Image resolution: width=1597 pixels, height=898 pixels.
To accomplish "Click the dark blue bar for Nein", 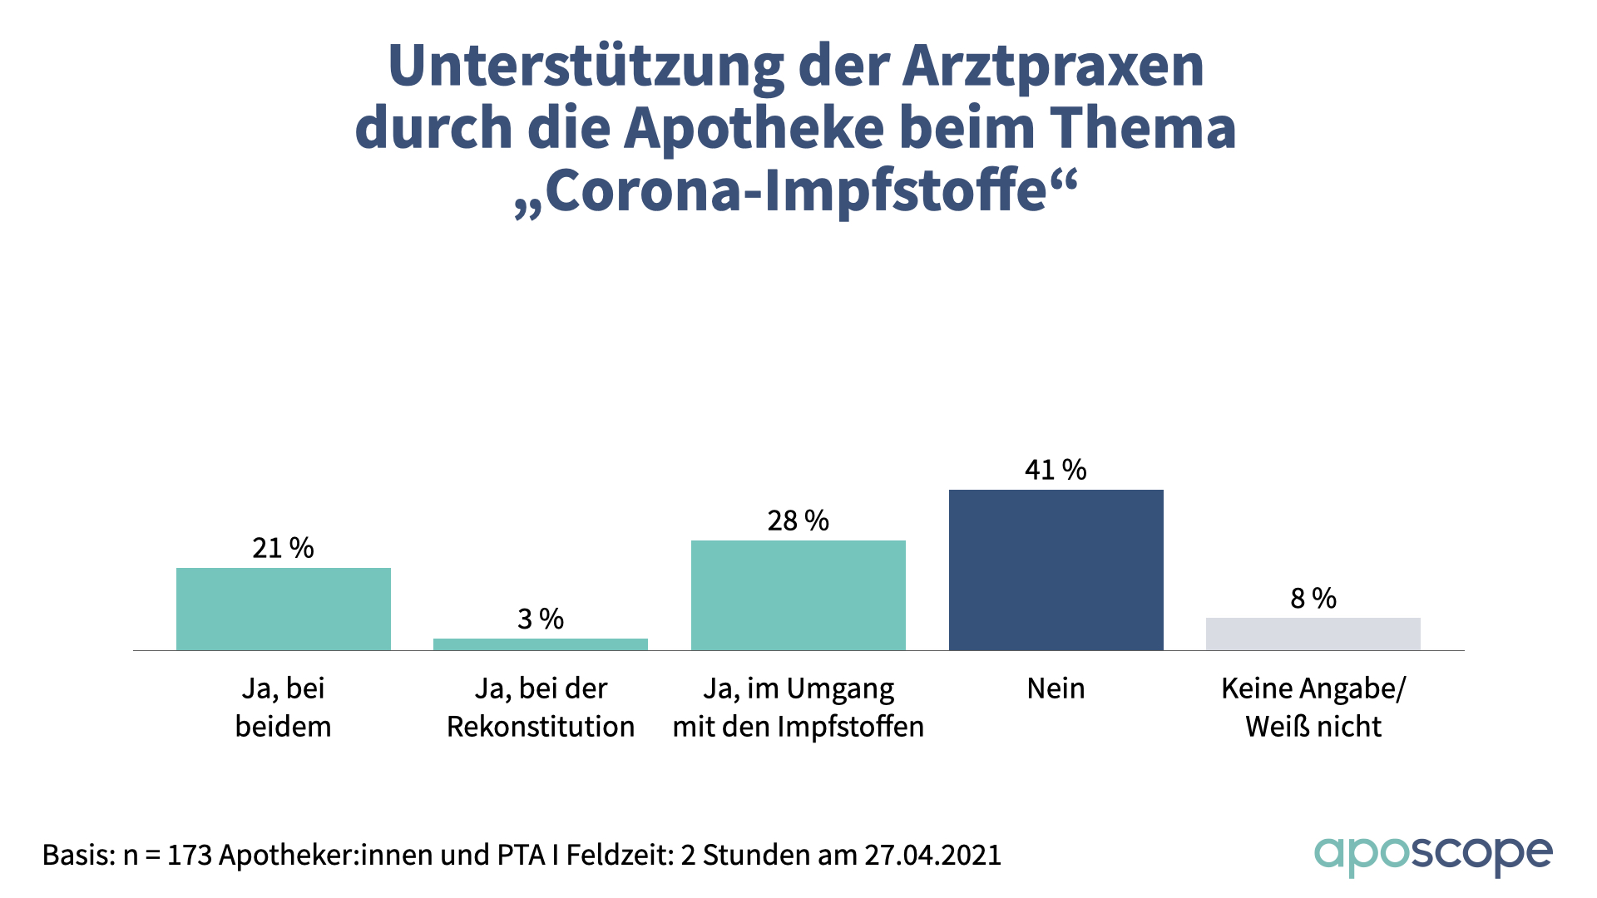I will tap(1056, 570).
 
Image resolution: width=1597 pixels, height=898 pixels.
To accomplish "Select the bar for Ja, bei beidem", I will tap(283, 609).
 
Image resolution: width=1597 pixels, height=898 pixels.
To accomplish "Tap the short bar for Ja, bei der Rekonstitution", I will tap(540, 644).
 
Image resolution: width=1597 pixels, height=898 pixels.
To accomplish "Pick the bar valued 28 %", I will tap(798, 595).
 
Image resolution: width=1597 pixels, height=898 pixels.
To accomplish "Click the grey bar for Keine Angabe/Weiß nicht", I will tap(1313, 634).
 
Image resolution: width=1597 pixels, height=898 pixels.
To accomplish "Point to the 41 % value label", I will tap(1056, 470).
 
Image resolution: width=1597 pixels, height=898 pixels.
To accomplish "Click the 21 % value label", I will tap(283, 548).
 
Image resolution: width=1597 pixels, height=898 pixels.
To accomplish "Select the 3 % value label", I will tap(540, 619).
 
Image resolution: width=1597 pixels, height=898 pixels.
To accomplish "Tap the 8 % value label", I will tap(1313, 598).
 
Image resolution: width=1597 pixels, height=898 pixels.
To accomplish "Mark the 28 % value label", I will tap(798, 521).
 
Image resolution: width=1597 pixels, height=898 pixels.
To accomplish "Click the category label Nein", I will tap(1056, 688).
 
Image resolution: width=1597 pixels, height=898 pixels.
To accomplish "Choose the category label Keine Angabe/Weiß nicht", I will tap(1313, 707).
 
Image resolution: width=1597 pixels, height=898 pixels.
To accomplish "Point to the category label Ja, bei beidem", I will tap(283, 707).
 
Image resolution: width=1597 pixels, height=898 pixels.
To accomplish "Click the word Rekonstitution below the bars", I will tap(540, 727).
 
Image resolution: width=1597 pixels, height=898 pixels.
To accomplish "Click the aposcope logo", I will tap(1432, 855).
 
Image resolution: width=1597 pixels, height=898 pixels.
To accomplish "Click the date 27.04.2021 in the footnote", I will tap(932, 855).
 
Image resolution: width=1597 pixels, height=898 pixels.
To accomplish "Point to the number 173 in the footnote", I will tap(189, 855).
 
